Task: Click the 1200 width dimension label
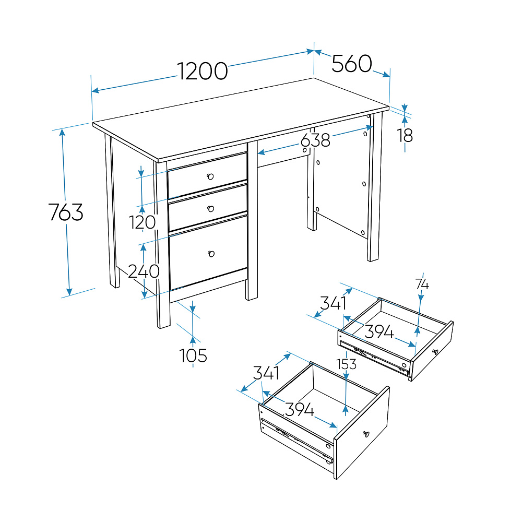click(x=202, y=71)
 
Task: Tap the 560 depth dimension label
click(x=352, y=63)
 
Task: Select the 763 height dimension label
click(x=66, y=212)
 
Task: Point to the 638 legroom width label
click(x=315, y=140)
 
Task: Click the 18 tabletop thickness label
click(x=405, y=136)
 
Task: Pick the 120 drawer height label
click(x=142, y=222)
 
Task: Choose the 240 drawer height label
click(x=144, y=271)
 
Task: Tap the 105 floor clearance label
click(x=193, y=355)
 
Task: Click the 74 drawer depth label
click(x=422, y=284)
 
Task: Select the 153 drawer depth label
click(x=347, y=364)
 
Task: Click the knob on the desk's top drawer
click(x=210, y=176)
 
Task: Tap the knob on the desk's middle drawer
click(x=211, y=209)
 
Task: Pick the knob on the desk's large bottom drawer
click(x=211, y=254)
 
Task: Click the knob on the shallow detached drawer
click(x=435, y=352)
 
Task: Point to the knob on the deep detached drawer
click(x=366, y=434)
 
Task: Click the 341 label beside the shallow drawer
click(x=333, y=303)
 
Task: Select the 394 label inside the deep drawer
click(x=300, y=409)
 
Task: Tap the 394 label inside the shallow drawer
click(x=379, y=331)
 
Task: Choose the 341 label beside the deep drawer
click(x=266, y=373)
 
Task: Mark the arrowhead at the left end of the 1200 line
click(x=96, y=90)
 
